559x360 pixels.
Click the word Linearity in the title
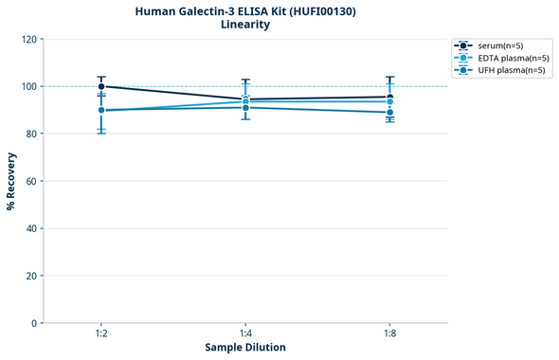click(x=244, y=25)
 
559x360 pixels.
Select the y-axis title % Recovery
click(x=11, y=181)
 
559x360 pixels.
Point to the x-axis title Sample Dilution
click(x=244, y=348)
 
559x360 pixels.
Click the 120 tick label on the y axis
click(x=28, y=39)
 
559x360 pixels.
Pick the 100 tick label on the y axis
click(x=28, y=86)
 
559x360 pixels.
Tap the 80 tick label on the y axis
click(x=30, y=134)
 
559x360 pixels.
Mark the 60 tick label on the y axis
click(x=30, y=181)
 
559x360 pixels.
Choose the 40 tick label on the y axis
click(x=30, y=228)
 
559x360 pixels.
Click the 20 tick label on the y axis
click(x=30, y=276)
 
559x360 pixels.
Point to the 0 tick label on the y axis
click(x=33, y=323)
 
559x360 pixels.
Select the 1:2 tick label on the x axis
click(x=101, y=334)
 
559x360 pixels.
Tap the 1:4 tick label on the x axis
click(x=245, y=334)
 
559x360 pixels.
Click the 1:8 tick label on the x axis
click(x=389, y=334)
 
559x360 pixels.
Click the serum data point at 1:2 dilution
click(x=101, y=86)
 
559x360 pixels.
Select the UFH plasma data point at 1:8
click(x=389, y=113)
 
